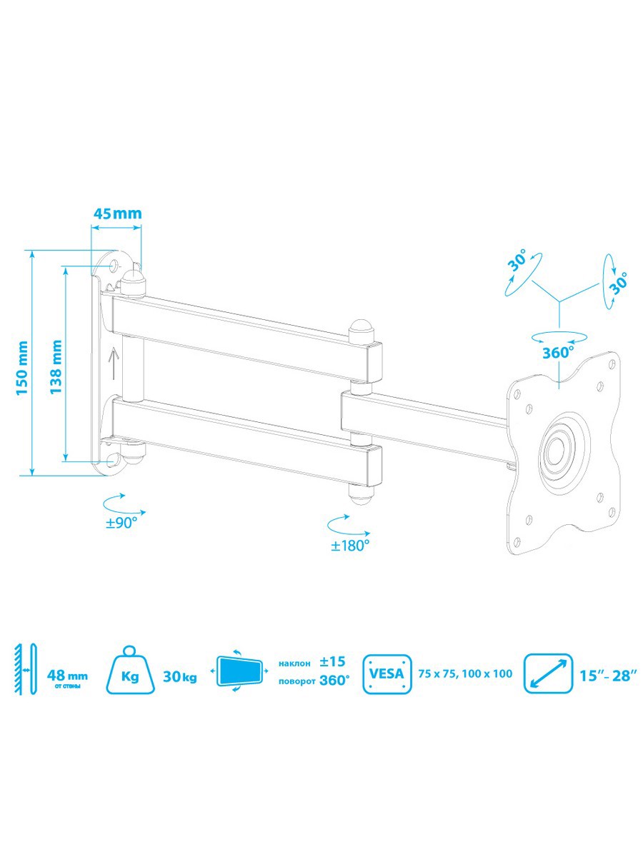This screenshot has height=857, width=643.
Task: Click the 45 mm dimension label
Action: (x=116, y=213)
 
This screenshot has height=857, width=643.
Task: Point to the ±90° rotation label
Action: (x=121, y=522)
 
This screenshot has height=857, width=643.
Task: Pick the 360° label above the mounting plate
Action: (x=558, y=351)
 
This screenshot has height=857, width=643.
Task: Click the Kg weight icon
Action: (x=129, y=673)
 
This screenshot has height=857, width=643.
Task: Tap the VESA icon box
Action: (x=388, y=673)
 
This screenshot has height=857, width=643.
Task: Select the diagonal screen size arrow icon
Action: (x=549, y=673)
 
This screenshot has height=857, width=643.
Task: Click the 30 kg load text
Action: (x=179, y=676)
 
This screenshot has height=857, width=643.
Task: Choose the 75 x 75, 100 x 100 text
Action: (x=466, y=673)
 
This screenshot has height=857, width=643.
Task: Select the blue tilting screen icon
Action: (x=239, y=672)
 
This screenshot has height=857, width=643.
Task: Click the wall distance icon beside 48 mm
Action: (x=25, y=669)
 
